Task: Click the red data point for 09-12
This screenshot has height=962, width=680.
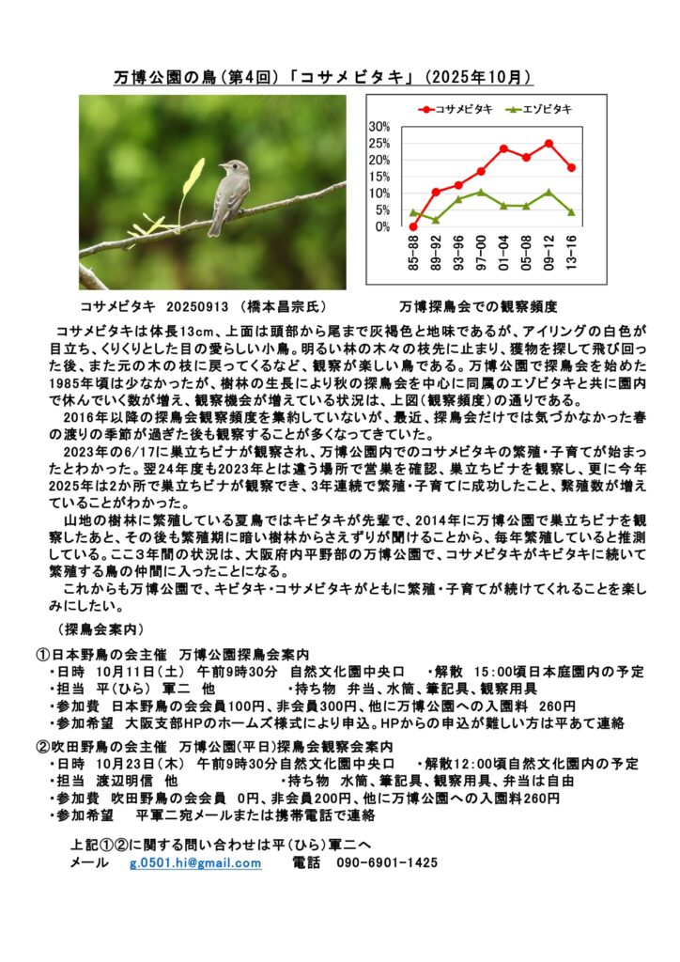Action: pyautogui.click(x=549, y=144)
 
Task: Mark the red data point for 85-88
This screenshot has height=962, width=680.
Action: pyautogui.click(x=413, y=226)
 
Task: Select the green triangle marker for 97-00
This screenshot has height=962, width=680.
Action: pyautogui.click(x=481, y=192)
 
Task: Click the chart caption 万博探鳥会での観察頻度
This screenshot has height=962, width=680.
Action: pyautogui.click(x=479, y=306)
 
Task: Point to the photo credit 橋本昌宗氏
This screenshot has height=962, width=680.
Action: pyautogui.click(x=281, y=306)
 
